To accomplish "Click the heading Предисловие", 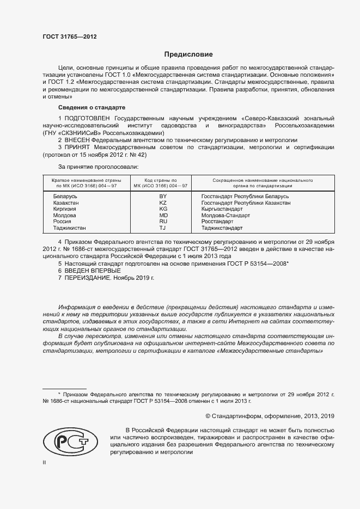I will tap(188, 54).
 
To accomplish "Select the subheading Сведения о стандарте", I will tap(91, 107).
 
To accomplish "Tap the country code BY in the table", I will tap(162, 196).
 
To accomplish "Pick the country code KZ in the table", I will tap(162, 203).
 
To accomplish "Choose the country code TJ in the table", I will tap(162, 228).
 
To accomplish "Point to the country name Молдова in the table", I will tap(65, 216).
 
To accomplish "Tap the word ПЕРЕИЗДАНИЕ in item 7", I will tap(88, 278).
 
